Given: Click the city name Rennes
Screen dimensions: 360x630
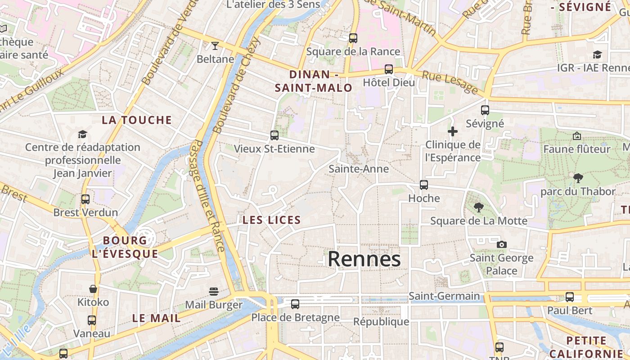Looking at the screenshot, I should pos(364,259).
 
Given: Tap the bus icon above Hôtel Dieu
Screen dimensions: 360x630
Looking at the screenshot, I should pos(388,69).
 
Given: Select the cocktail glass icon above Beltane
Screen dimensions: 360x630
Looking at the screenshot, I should pos(215,46).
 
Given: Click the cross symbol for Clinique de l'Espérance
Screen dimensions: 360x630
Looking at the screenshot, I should pos(453,131).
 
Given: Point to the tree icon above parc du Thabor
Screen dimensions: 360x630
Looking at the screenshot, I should pos(578,178).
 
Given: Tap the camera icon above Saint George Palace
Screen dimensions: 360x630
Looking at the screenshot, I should pos(501,245).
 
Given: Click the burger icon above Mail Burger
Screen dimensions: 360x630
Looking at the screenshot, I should pos(213,292).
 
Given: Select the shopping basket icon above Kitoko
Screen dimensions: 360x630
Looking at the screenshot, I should pos(93,289).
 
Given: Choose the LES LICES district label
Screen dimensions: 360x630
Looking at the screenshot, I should pos(271,220).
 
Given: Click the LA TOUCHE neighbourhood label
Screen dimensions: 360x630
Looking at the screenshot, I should pos(137,120).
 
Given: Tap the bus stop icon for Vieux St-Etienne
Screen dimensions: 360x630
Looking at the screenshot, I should pos(274,135).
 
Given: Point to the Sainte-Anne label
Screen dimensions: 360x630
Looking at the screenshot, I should pos(358,169).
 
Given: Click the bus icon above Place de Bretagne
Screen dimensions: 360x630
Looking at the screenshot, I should pos(295,304).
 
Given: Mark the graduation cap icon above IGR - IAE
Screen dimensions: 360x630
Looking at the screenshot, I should pos(597,54).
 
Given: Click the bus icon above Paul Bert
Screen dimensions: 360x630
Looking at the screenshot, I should pos(569,297).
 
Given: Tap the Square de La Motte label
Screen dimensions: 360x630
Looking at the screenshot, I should pos(478,221).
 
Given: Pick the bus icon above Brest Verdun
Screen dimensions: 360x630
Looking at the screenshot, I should pos(85,199).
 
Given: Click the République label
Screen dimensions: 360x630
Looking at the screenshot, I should pos(381,322).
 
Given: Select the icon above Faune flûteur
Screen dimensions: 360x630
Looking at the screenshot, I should pos(576,135).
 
